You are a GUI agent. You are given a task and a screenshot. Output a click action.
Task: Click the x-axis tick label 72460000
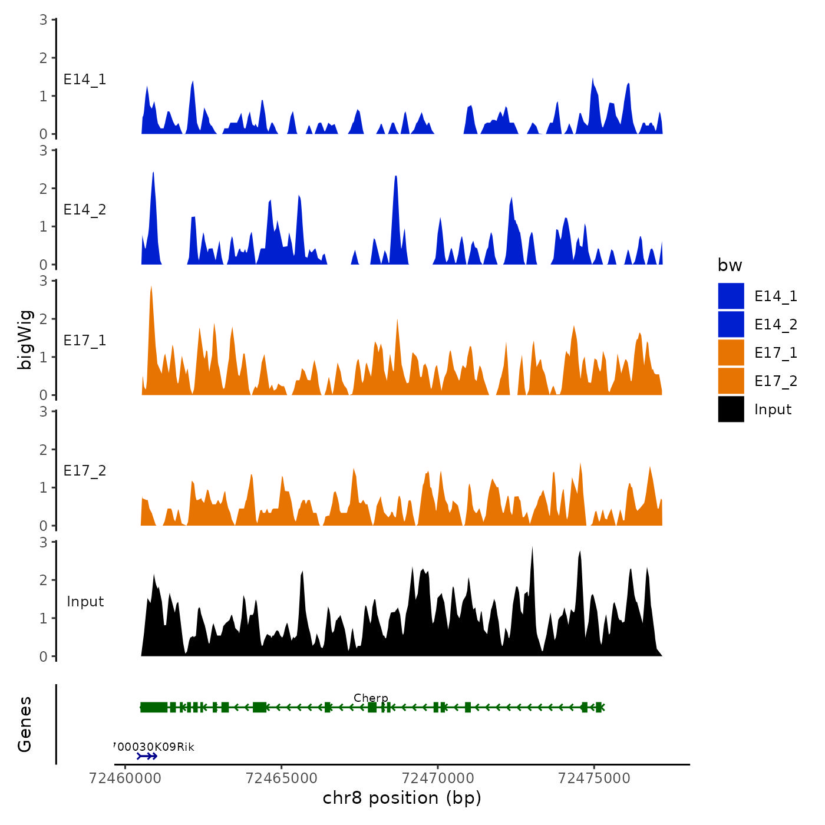coord(125,778)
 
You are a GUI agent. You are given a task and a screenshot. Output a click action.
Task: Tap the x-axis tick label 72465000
coord(282,778)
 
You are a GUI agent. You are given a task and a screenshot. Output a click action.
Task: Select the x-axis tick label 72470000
coord(438,778)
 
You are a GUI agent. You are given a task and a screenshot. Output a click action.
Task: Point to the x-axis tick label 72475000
coord(594,778)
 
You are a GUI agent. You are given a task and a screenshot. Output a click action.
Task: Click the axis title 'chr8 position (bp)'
coord(402,798)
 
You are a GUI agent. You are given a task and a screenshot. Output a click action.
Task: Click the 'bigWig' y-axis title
coord(25,339)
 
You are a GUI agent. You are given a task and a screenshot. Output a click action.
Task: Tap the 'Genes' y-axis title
coord(25,724)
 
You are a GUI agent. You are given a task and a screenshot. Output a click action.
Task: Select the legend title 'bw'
coord(730,265)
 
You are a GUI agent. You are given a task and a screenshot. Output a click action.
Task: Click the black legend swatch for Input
coord(731,410)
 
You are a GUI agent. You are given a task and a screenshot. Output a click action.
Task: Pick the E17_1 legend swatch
coord(731,353)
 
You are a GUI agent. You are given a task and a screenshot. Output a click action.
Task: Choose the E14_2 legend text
coord(775,325)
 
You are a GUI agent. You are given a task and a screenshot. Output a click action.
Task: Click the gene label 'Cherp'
coord(371,698)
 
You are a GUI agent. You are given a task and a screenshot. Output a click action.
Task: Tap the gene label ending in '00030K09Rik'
coord(154,747)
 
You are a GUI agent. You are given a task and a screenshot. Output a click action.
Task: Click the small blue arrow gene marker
coord(147,756)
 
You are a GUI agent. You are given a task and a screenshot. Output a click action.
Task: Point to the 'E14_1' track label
coord(85,80)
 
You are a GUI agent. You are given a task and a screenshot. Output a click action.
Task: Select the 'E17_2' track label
coord(85,471)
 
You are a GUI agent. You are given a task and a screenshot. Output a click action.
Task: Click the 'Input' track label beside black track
coord(85,602)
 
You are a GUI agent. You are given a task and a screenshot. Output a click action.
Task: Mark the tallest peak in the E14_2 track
coord(153,174)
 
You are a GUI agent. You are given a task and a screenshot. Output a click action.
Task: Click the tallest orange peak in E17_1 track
coord(151,288)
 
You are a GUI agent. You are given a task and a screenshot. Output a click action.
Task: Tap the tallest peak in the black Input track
coord(532,549)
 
